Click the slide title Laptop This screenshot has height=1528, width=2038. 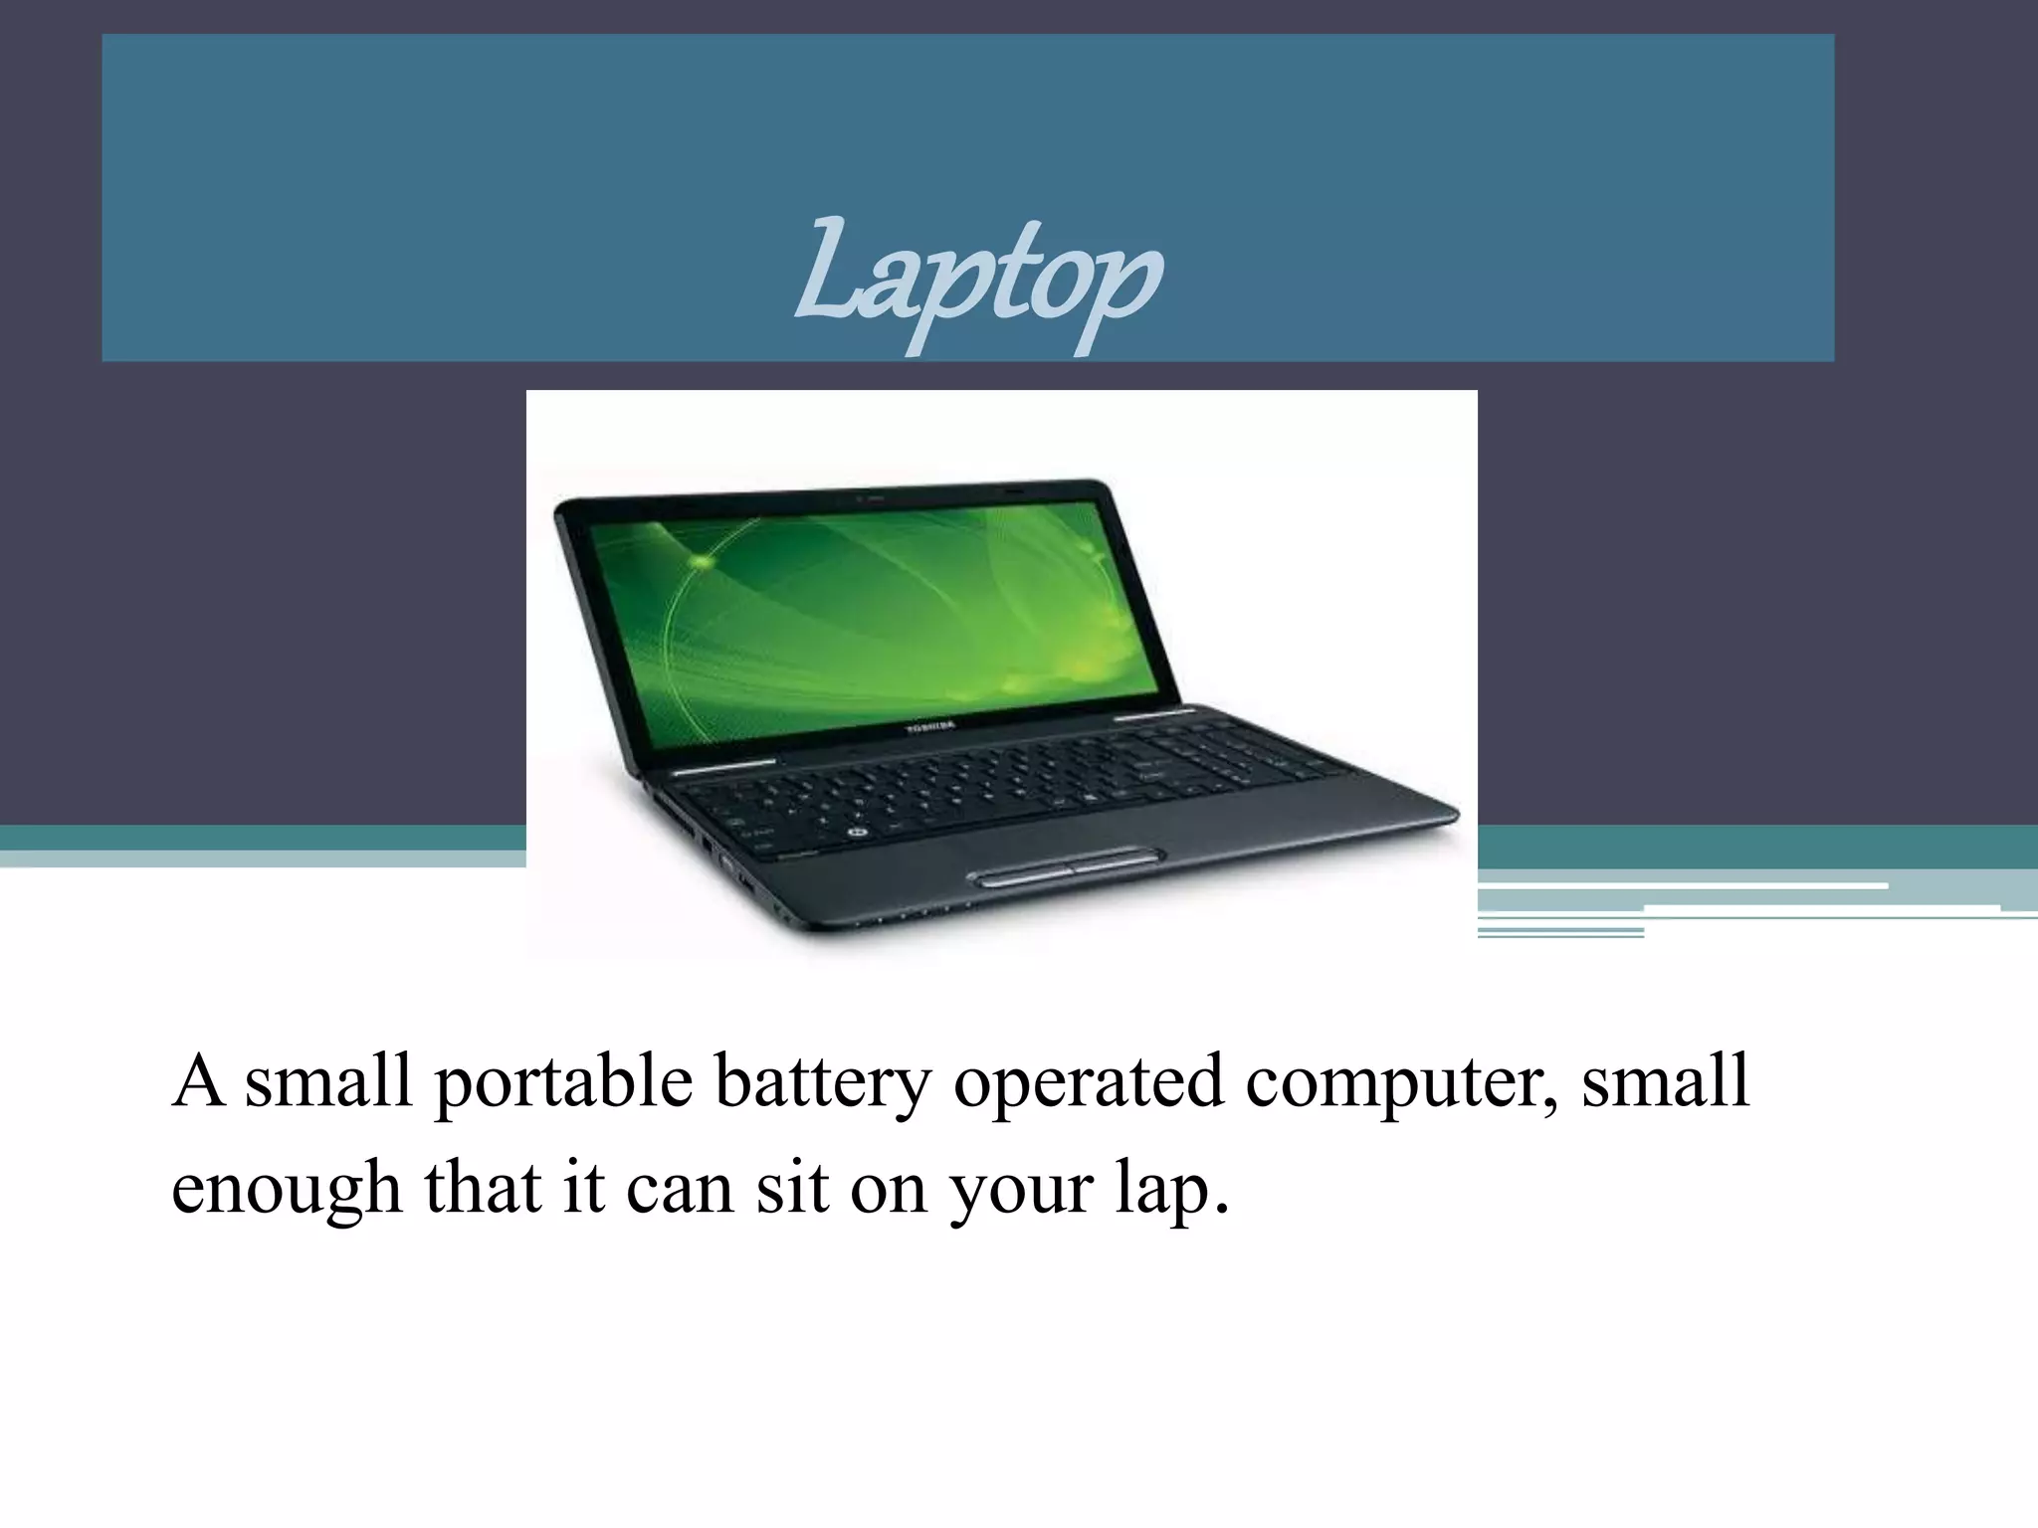(977, 278)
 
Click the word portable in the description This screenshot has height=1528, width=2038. (563, 1081)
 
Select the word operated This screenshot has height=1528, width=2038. (1088, 1081)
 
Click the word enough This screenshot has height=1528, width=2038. (286, 1189)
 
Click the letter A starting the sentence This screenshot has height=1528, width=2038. (198, 1081)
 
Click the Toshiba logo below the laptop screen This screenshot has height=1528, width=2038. (929, 728)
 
